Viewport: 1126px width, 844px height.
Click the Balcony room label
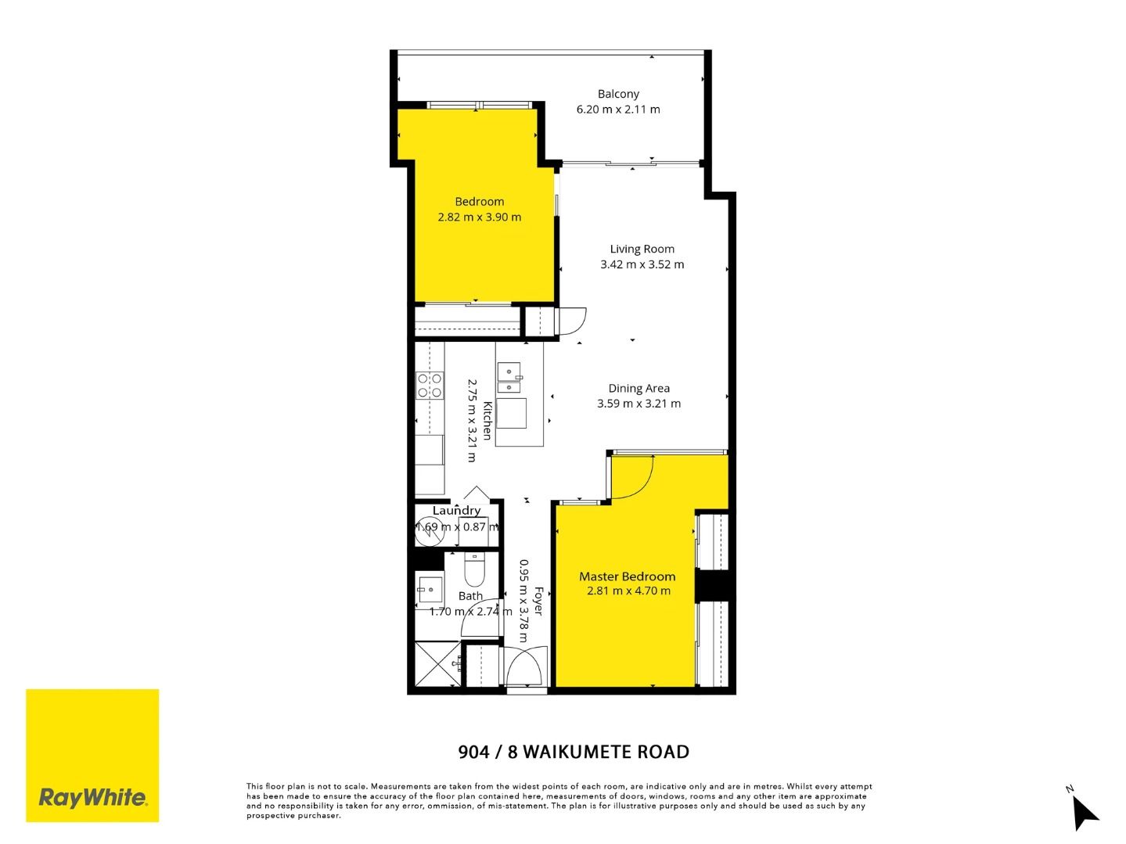pyautogui.click(x=618, y=94)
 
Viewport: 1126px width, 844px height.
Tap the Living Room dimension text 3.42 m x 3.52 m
pyautogui.click(x=642, y=264)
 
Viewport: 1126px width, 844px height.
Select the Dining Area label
pyautogui.click(x=639, y=388)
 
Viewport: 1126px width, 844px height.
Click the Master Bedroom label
pyautogui.click(x=627, y=576)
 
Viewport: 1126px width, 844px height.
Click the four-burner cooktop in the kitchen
pyautogui.click(x=429, y=384)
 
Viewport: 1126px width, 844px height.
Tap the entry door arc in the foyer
pyautogui.click(x=523, y=666)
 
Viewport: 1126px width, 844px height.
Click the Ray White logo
pyautogui.click(x=92, y=756)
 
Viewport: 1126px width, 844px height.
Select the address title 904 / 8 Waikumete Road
pyautogui.click(x=574, y=752)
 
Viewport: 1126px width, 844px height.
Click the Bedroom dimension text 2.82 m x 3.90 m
pyautogui.click(x=479, y=217)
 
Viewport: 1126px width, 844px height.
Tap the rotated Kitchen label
pyautogui.click(x=487, y=421)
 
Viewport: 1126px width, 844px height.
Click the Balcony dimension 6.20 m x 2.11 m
pyautogui.click(x=618, y=110)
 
